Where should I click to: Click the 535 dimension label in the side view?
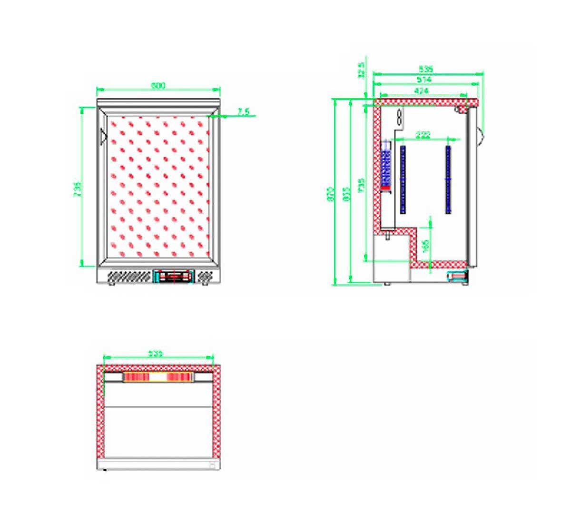(x=425, y=69)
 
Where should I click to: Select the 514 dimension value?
(x=423, y=80)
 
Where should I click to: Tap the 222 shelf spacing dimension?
(x=423, y=135)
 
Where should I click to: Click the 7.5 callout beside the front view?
(x=244, y=112)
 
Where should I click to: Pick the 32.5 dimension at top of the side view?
(x=362, y=70)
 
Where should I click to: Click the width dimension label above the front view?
(x=158, y=86)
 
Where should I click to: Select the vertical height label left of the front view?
(x=79, y=189)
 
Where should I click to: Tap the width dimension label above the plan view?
(x=155, y=354)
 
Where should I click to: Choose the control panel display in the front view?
(x=174, y=276)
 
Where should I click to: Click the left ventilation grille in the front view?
(x=128, y=276)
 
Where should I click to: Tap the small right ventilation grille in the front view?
(x=205, y=276)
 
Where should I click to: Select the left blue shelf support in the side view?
(x=403, y=179)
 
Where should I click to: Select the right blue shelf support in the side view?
(x=448, y=179)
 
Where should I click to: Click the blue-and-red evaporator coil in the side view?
(x=386, y=167)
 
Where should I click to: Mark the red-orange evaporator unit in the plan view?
(x=158, y=377)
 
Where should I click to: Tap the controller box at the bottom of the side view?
(x=457, y=276)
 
